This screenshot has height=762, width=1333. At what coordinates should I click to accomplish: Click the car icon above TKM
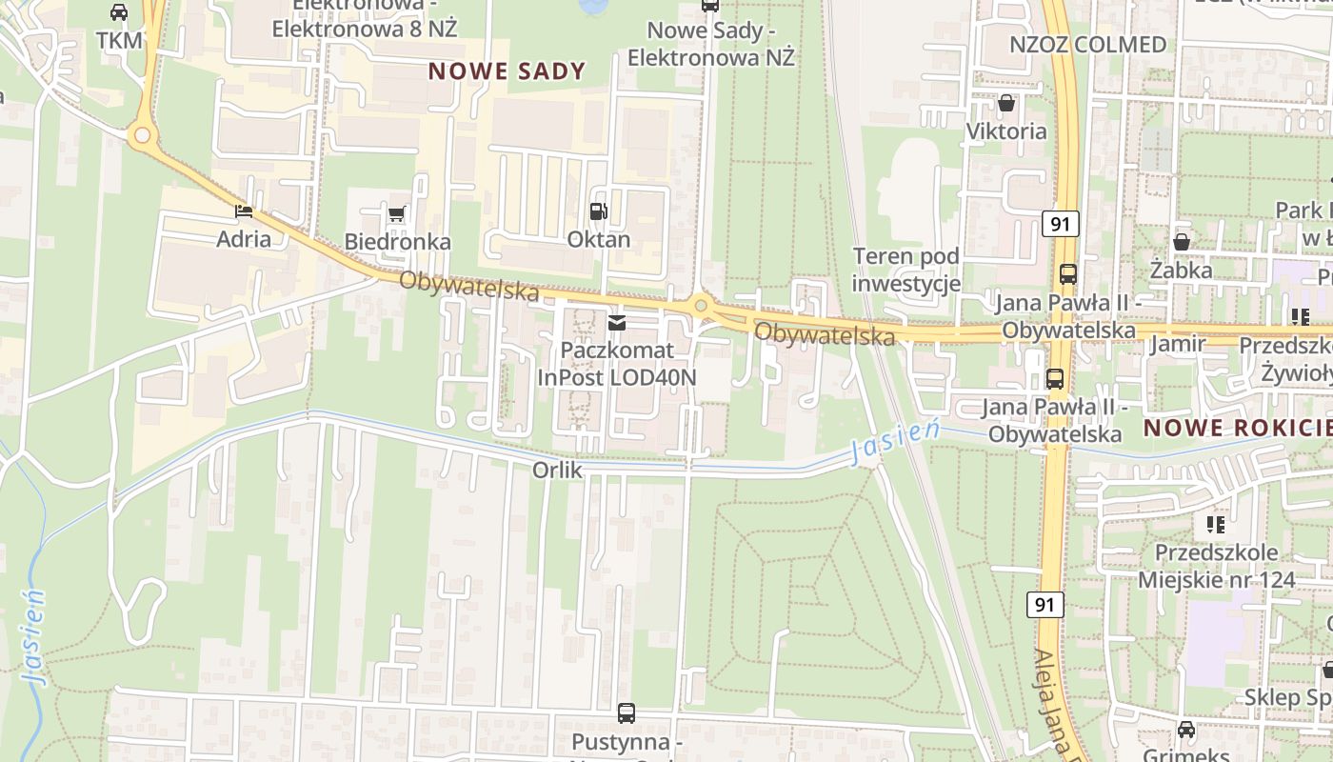pyautogui.click(x=119, y=12)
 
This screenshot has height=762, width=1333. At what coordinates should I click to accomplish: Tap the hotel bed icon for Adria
pyautogui.click(x=244, y=211)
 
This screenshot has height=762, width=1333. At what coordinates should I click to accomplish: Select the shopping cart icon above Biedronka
pyautogui.click(x=397, y=213)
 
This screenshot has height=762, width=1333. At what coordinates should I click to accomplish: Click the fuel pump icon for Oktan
pyautogui.click(x=598, y=211)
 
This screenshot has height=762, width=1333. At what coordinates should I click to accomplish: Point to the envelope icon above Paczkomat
pyautogui.click(x=617, y=323)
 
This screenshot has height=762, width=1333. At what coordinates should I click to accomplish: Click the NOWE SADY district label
pyautogui.click(x=507, y=70)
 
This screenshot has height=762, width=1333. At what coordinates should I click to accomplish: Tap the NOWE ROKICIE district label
pyautogui.click(x=1237, y=428)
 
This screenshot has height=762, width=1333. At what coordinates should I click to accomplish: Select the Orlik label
pyautogui.click(x=557, y=470)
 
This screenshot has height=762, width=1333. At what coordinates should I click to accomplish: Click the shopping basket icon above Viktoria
pyautogui.click(x=1006, y=103)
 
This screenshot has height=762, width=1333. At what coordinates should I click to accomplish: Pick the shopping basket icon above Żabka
pyautogui.click(x=1182, y=242)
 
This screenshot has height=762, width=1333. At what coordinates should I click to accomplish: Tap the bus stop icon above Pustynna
pyautogui.click(x=627, y=712)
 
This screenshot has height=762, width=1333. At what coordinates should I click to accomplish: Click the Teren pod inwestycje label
pyautogui.click(x=905, y=270)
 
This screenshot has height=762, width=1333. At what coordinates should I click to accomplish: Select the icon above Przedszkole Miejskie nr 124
pyautogui.click(x=1216, y=524)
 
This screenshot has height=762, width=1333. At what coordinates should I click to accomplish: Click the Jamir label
pyautogui.click(x=1177, y=344)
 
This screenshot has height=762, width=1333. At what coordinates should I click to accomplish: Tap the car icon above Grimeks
pyautogui.click(x=1186, y=730)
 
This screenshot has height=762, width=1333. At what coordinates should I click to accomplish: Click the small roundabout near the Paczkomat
pyautogui.click(x=702, y=306)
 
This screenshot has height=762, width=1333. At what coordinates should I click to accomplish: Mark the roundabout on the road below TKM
pyautogui.click(x=143, y=135)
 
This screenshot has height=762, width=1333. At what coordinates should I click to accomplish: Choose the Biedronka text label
pyautogui.click(x=397, y=242)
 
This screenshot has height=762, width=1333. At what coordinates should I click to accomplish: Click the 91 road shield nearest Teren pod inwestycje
pyautogui.click(x=1060, y=224)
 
